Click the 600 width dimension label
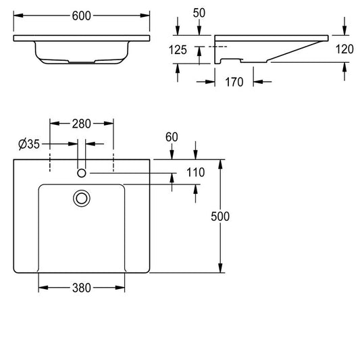[x=81, y=16]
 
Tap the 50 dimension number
[x=199, y=13]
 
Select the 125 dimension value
[x=178, y=50]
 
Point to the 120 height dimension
[x=344, y=49]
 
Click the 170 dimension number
[x=234, y=82]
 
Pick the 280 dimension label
[x=82, y=124]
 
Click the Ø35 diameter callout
[x=29, y=144]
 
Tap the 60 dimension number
[x=172, y=137]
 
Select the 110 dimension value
[x=195, y=172]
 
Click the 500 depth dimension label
[x=220, y=217]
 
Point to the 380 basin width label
[x=82, y=288]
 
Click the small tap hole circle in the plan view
[x=82, y=173]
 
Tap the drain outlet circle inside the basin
[x=82, y=199]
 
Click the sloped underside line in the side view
[x=294, y=51]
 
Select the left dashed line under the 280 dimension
[x=50, y=162]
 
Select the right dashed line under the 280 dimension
[x=113, y=162]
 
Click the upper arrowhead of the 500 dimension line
[x=220, y=164]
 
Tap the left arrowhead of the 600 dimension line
[x=18, y=16]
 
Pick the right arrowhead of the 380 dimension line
[x=120, y=288]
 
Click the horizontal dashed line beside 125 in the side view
[x=218, y=47]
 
